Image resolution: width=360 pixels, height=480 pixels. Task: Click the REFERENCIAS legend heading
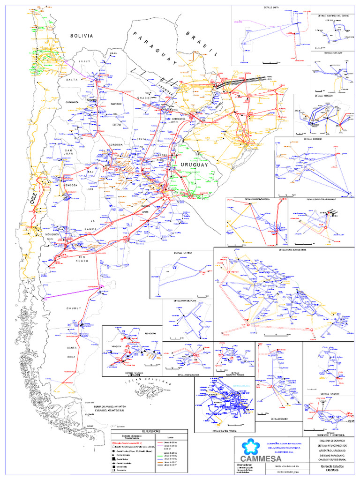(x=149, y=430)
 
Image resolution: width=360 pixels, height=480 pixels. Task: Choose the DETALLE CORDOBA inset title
(x=315, y=139)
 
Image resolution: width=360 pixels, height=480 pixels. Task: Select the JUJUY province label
(x=97, y=61)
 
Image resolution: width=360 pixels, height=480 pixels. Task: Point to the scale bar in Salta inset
(x=269, y=62)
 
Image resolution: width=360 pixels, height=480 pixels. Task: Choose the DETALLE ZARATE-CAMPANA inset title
(x=256, y=199)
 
